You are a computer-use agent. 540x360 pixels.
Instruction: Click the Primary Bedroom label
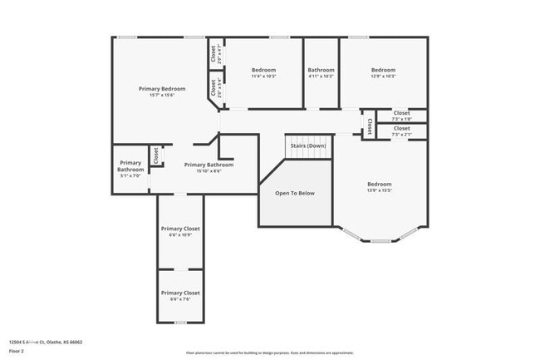[x=161, y=89]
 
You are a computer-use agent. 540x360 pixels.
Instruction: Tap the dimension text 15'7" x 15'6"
[x=161, y=96]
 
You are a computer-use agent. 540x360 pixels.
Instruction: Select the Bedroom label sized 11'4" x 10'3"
[x=263, y=70]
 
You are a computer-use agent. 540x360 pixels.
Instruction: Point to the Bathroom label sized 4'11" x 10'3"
[x=321, y=70]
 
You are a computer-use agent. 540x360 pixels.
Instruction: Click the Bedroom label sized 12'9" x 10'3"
[x=383, y=70]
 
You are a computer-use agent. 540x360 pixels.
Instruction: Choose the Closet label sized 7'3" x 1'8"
[x=401, y=113]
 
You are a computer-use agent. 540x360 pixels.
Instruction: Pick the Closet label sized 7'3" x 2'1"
[x=401, y=129]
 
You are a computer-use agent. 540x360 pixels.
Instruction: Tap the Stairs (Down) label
[x=307, y=146]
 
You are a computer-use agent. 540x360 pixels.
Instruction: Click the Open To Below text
[x=295, y=193]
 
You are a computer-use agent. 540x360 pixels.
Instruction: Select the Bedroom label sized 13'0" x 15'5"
[x=380, y=184]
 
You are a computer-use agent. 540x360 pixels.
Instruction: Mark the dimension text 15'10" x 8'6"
[x=209, y=171]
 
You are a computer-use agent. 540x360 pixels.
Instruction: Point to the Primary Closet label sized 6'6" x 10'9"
[x=180, y=229]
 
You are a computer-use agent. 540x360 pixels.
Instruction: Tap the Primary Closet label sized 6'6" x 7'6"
[x=180, y=293]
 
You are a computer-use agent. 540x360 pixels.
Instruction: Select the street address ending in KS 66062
[x=46, y=342]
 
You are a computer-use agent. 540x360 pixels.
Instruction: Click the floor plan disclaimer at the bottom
[x=268, y=353]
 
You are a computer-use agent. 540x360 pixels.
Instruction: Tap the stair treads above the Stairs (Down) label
[x=308, y=137]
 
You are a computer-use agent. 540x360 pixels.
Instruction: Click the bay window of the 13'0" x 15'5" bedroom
[x=380, y=239]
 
